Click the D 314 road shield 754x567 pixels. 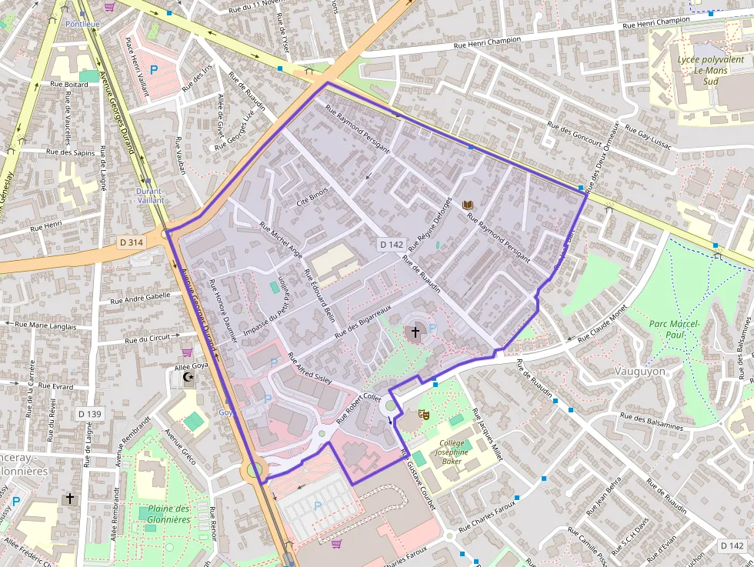pos(132,242)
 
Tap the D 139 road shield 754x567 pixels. pos(89,414)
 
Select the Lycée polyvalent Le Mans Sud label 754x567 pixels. pos(702,70)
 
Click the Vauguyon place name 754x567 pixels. pos(640,371)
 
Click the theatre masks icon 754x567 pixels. pos(422,414)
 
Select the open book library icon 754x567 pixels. pos(466,205)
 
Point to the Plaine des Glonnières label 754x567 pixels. pos(168,514)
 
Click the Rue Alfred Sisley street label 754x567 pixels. pos(310,370)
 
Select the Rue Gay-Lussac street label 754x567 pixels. pos(650,137)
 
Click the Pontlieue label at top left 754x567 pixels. pos(82,24)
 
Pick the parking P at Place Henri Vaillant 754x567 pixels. pos(153,70)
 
